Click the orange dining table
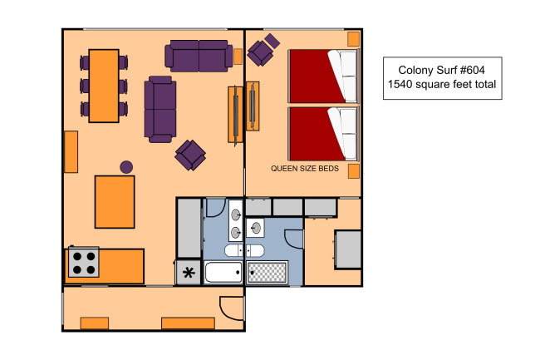(x=104, y=86)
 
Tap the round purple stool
(x=126, y=167)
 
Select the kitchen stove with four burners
(x=84, y=262)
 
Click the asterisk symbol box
(x=188, y=273)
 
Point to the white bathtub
(x=223, y=272)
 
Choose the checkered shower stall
(x=268, y=273)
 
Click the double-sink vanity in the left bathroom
(x=236, y=221)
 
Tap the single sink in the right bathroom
(x=255, y=228)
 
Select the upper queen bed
(x=323, y=76)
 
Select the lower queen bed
(x=323, y=134)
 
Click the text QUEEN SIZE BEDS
(x=305, y=169)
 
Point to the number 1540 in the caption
(x=400, y=84)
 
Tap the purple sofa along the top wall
(x=199, y=56)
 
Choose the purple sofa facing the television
(x=160, y=109)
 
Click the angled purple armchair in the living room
(x=190, y=155)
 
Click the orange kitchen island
(x=115, y=202)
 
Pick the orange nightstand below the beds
(x=354, y=171)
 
